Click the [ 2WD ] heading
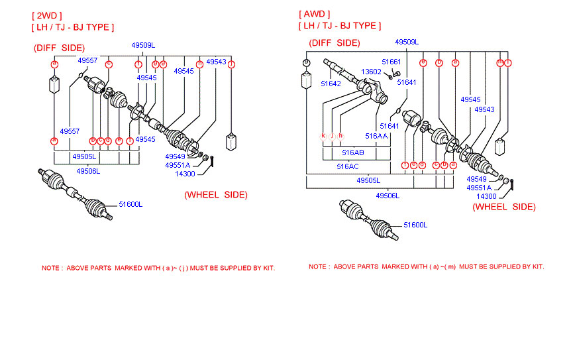tap(46, 15)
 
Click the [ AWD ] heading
tap(315, 14)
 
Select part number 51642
tap(331, 84)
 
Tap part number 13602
tap(371, 72)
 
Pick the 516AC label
tap(348, 166)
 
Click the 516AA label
tap(376, 135)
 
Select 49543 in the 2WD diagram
tap(216, 62)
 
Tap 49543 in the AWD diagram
tap(484, 109)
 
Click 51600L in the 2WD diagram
tap(130, 204)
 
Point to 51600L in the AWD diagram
tap(415, 225)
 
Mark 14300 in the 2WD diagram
tap(185, 174)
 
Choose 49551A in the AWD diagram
tap(479, 188)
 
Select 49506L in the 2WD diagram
tap(87, 171)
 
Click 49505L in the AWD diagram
tap(368, 180)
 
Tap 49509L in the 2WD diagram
tap(142, 44)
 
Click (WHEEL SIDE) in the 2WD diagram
tap(215, 195)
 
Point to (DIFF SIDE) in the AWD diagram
tap(334, 43)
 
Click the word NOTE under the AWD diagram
tap(318, 267)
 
